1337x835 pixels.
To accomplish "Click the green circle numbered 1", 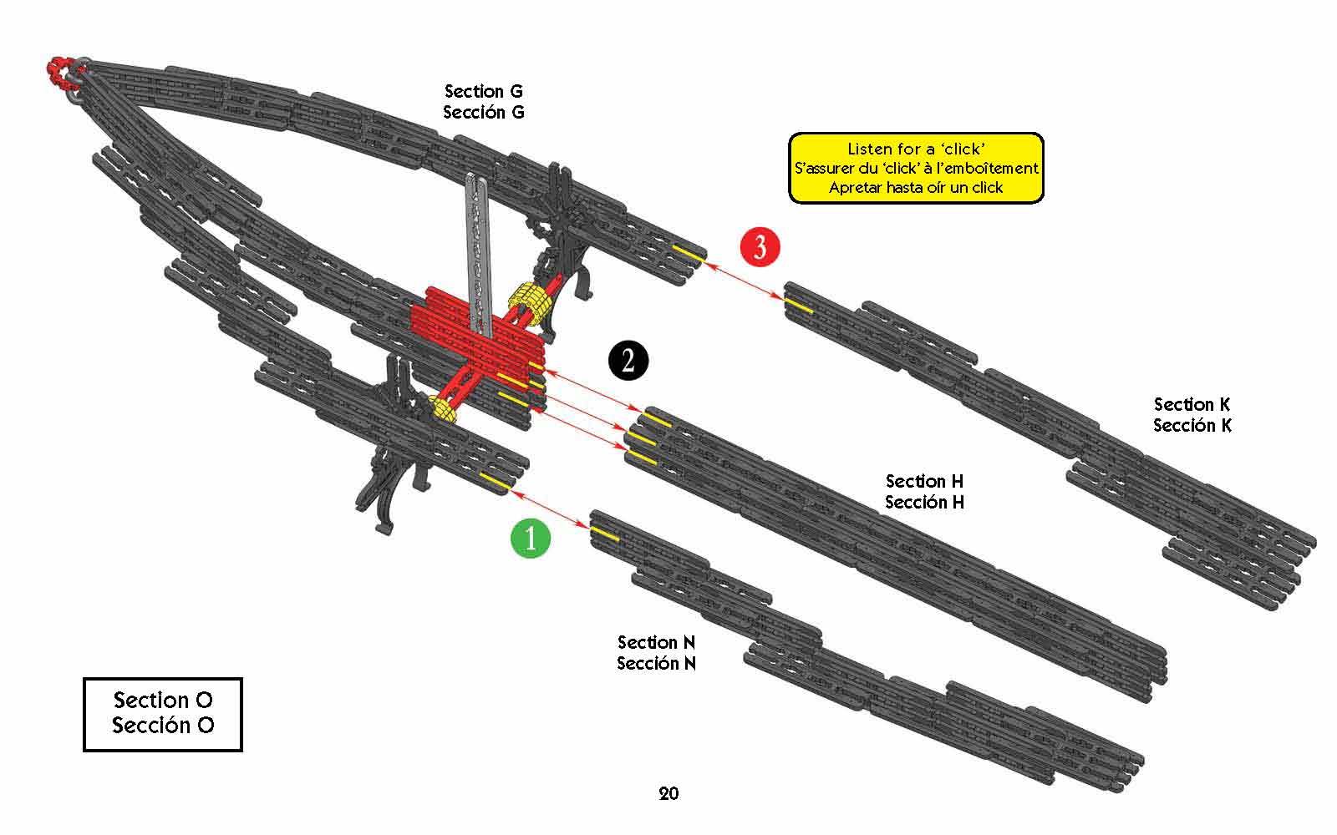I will pos(531,538).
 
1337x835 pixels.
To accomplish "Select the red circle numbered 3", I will pos(760,247).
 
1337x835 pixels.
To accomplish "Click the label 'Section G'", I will pos(484,91).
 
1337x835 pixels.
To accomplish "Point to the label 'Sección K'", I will pos(1192,425).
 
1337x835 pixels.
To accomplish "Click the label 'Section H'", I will pos(925,481).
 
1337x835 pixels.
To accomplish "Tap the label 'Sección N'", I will pos(657,663).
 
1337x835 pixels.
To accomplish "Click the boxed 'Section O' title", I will pos(163,700).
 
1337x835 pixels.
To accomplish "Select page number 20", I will pos(668,793).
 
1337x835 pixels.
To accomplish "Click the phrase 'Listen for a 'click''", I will pos(916,149).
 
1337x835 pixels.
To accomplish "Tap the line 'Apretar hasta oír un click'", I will pos(916,187).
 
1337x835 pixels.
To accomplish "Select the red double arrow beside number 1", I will pos(551,509).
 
